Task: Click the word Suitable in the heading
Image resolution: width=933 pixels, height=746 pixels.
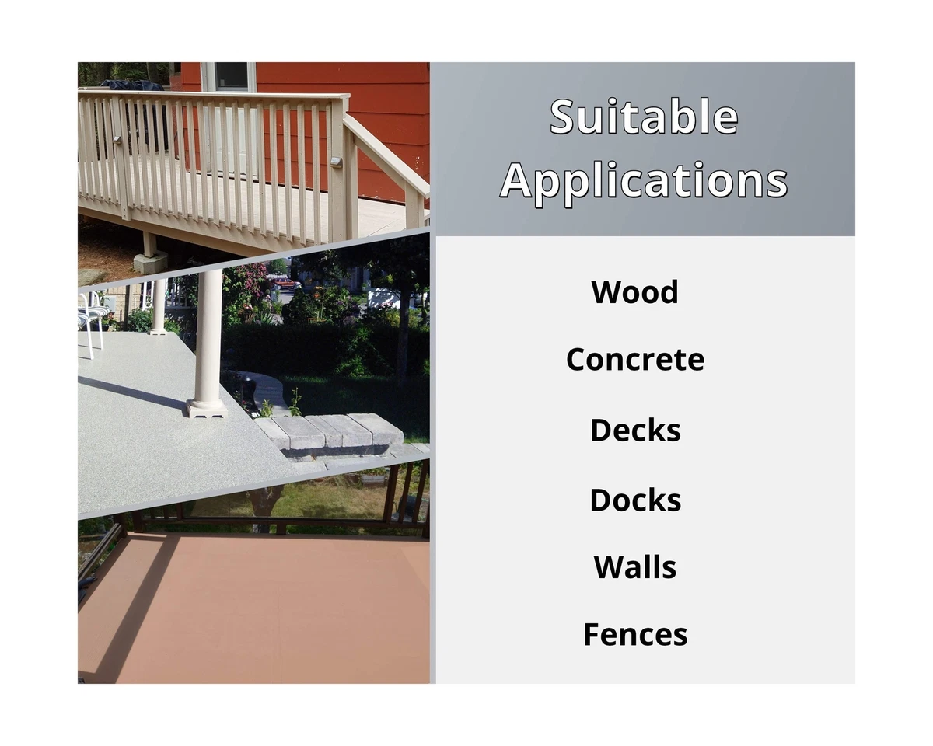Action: (x=644, y=117)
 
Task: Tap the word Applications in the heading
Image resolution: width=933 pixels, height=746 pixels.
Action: (x=644, y=181)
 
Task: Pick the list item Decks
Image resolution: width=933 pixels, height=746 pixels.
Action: (x=635, y=430)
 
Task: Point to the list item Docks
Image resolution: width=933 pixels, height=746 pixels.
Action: (x=635, y=500)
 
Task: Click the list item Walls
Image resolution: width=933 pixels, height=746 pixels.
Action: (x=634, y=567)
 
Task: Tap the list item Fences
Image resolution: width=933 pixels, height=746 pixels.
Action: (x=635, y=635)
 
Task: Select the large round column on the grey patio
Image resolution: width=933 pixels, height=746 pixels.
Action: (x=209, y=343)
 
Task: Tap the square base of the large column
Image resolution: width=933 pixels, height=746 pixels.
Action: (x=208, y=409)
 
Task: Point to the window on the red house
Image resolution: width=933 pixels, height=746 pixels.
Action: (x=231, y=77)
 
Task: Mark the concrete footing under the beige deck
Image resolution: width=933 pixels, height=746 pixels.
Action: (x=150, y=262)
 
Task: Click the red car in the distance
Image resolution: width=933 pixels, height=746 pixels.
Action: (x=286, y=284)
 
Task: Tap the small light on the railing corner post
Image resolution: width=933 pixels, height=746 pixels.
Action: (x=336, y=162)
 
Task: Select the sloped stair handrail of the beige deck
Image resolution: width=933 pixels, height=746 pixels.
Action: (x=386, y=154)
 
